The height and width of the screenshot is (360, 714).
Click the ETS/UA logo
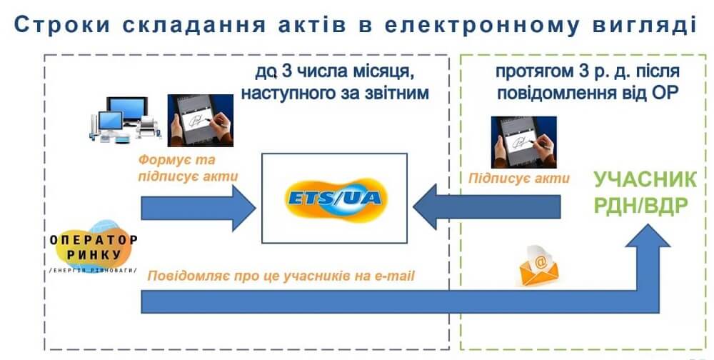[x=335, y=199]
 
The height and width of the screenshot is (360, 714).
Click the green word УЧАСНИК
[x=645, y=180]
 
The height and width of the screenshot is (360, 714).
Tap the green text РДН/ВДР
[x=640, y=206]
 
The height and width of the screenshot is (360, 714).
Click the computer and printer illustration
[x=124, y=119]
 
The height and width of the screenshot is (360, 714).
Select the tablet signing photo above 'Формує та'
[x=201, y=120]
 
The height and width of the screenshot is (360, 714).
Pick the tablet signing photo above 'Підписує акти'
[x=523, y=142]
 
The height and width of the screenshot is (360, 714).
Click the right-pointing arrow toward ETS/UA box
[x=198, y=209]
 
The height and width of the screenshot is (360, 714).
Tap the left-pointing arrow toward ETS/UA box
[x=487, y=207]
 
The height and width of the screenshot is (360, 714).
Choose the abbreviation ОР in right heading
[x=665, y=93]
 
